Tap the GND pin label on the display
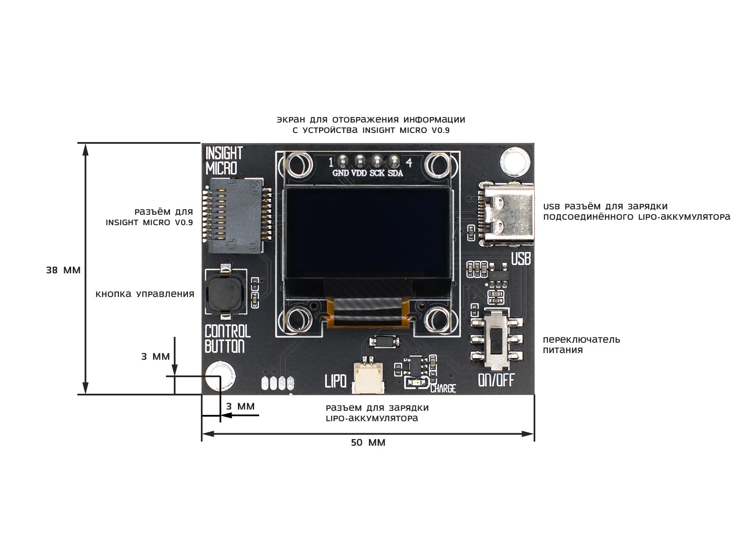point(341,173)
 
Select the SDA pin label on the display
point(396,173)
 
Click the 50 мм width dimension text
point(368,443)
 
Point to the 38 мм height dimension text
point(63,270)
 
